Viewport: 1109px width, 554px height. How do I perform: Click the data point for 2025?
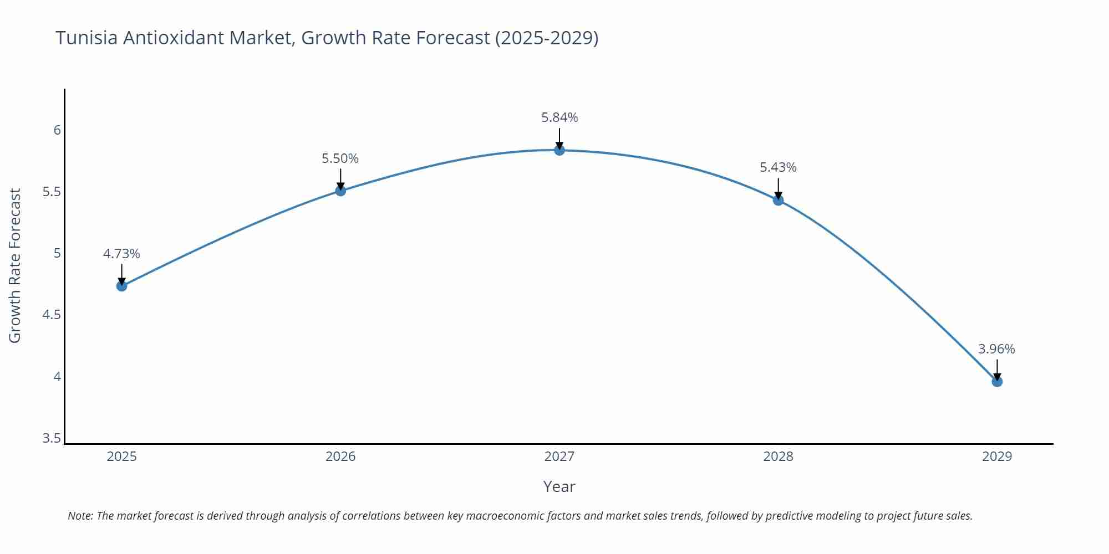tap(121, 286)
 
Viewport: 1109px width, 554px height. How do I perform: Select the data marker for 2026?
tap(340, 191)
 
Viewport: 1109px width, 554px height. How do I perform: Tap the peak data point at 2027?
tap(559, 150)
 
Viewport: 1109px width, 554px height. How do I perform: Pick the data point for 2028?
tap(778, 200)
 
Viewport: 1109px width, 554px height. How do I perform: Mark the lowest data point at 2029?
tap(996, 381)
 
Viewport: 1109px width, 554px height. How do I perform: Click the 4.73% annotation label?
tap(121, 254)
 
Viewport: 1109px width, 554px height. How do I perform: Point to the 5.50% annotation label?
tap(340, 158)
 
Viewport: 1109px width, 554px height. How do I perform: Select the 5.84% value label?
tap(559, 117)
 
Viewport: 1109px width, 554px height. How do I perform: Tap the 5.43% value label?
tap(777, 167)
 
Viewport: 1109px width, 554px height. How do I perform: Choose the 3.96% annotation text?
tap(996, 349)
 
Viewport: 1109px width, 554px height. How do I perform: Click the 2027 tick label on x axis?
tap(559, 456)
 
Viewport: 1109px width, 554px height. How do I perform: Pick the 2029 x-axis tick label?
tap(996, 456)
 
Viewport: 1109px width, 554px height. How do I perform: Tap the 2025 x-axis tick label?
tap(121, 456)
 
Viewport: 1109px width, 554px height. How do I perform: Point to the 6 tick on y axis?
tap(57, 130)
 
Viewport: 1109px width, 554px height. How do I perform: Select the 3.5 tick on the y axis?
tap(52, 438)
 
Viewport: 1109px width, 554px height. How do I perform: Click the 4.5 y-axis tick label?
tap(52, 315)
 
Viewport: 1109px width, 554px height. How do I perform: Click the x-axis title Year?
tap(559, 486)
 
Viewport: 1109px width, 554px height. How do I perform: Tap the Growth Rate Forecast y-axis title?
tap(15, 265)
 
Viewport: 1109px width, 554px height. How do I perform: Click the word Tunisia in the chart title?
tap(86, 38)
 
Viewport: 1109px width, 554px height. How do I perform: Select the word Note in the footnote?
tap(79, 516)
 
